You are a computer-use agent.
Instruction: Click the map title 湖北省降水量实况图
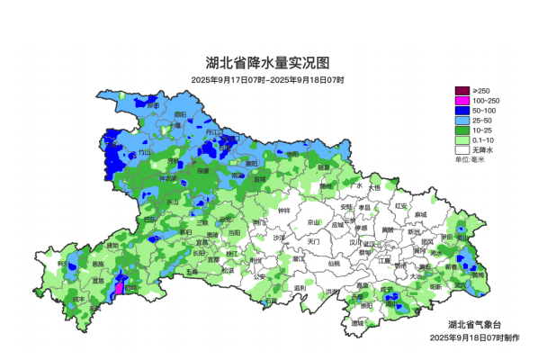tap(267, 64)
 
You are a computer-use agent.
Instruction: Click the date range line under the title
tap(267, 80)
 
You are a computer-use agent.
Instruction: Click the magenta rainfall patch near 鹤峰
tap(117, 289)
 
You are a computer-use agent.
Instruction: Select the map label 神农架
tap(168, 178)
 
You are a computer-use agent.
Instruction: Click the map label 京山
tap(313, 222)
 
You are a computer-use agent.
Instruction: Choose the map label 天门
tap(313, 241)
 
